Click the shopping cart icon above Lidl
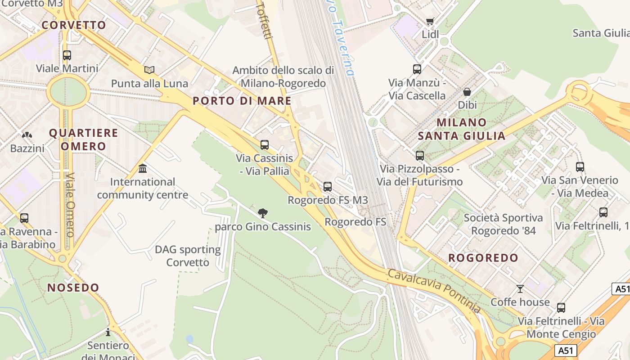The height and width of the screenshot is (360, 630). click(430, 21)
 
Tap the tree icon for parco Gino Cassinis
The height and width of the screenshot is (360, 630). click(263, 213)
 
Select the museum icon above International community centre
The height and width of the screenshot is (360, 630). click(143, 168)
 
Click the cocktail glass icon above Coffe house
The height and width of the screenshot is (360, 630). click(520, 288)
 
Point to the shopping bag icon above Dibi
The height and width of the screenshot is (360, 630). click(467, 92)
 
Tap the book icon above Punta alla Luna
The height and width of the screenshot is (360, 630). click(149, 70)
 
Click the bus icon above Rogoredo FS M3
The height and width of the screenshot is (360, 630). click(328, 186)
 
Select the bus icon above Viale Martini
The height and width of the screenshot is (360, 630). click(67, 55)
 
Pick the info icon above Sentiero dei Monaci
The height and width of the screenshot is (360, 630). click(108, 332)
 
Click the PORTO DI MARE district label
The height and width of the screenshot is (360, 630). click(242, 101)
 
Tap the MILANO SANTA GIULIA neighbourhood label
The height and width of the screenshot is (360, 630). click(462, 129)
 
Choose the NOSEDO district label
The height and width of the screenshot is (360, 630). click(73, 288)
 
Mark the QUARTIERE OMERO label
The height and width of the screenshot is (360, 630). click(83, 139)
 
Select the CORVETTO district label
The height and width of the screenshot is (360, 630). click(74, 25)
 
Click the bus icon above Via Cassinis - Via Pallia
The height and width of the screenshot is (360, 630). click(265, 145)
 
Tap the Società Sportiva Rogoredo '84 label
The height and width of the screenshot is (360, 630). click(503, 224)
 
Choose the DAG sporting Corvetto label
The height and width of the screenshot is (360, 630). click(188, 256)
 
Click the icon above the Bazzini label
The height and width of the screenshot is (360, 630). click(27, 135)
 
